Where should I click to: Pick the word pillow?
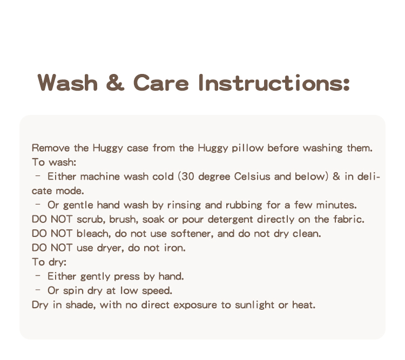coord(247,148)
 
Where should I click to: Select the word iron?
coord(175,248)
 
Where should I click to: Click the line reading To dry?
coord(49,263)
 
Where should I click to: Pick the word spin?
coord(71,291)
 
